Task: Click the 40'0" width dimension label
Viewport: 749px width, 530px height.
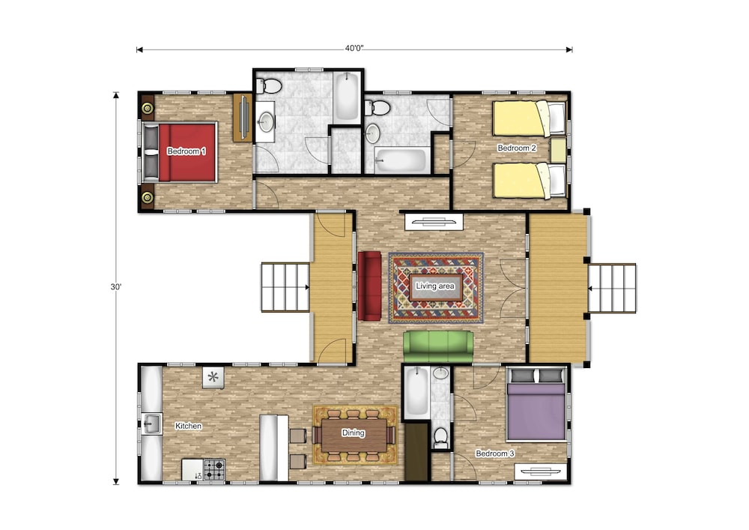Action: (x=355, y=49)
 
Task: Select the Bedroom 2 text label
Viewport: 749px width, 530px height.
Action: (x=518, y=148)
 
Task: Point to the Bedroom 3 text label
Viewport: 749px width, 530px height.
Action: (x=496, y=454)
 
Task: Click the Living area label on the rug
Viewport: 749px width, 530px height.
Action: (x=437, y=286)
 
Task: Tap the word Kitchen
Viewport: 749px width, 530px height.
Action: (x=188, y=426)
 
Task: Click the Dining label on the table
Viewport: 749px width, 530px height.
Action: (x=353, y=433)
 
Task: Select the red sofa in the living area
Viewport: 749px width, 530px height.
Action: (x=370, y=285)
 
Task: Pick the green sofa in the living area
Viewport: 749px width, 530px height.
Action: (x=438, y=346)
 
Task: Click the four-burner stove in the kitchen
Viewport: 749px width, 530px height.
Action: (x=214, y=470)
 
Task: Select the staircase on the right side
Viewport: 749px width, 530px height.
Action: (x=612, y=288)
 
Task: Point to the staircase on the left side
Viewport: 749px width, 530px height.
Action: (x=285, y=286)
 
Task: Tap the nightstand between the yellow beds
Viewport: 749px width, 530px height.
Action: (x=557, y=149)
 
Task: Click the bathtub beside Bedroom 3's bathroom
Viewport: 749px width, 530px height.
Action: (x=415, y=394)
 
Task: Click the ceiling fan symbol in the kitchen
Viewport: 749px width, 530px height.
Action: (x=213, y=377)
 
